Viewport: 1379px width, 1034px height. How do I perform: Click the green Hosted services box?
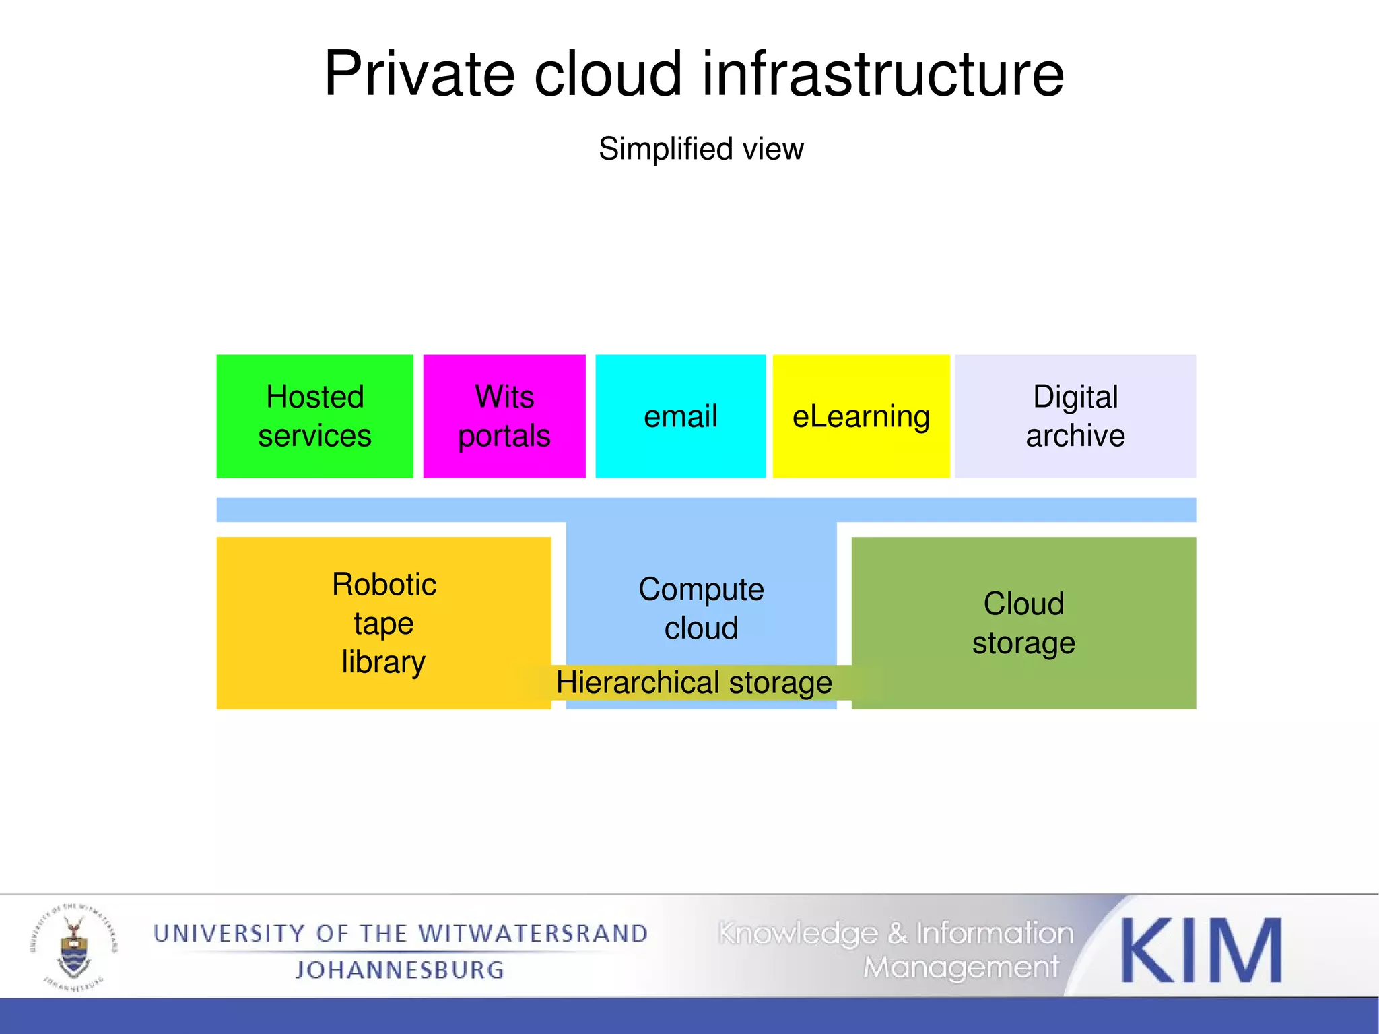[x=314, y=416]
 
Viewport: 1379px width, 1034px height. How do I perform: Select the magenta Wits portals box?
[x=504, y=416]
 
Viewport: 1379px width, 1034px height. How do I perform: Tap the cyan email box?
[x=680, y=416]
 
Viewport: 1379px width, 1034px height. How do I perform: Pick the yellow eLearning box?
[x=861, y=416]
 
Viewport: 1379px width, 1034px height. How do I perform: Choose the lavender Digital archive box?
[x=1075, y=416]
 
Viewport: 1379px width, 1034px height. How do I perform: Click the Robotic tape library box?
[x=383, y=622]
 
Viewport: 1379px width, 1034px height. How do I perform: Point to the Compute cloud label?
[x=701, y=608]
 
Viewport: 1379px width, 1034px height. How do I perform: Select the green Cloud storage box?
[x=1023, y=622]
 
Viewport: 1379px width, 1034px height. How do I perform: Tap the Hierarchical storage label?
[x=694, y=682]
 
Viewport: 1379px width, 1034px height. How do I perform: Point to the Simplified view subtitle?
[x=701, y=149]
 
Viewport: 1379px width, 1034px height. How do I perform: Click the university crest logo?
[x=73, y=946]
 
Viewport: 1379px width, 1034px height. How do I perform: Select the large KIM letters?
[x=1201, y=950]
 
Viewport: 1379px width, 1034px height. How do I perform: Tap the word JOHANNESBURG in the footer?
[x=400, y=970]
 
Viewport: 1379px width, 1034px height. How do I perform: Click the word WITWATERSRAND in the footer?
[x=533, y=934]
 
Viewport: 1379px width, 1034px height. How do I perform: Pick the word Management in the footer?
[x=962, y=968]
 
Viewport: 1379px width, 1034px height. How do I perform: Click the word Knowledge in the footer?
[x=799, y=934]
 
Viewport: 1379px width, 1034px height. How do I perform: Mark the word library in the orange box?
[x=383, y=662]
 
